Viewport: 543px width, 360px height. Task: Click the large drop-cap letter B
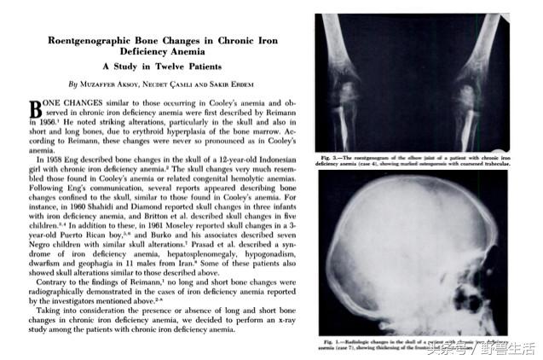click(x=36, y=109)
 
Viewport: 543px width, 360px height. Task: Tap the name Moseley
click(x=182, y=226)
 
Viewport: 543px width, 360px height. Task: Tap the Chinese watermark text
click(x=487, y=348)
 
